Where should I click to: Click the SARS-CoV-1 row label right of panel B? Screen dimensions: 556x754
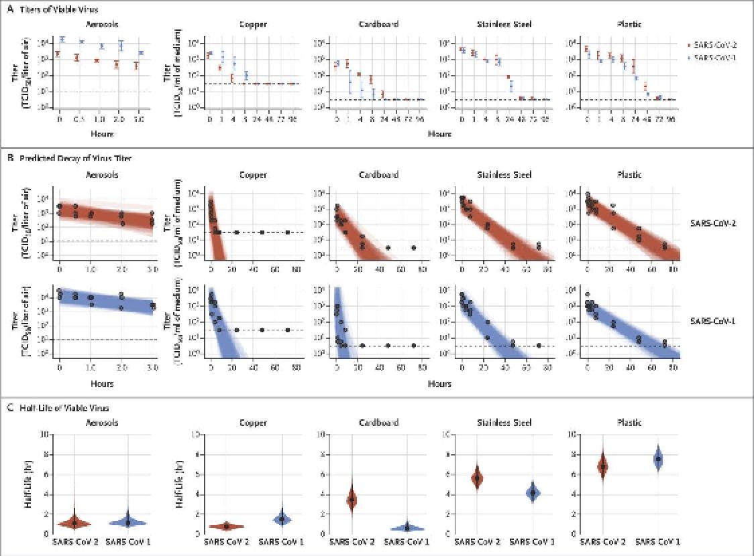tap(713, 321)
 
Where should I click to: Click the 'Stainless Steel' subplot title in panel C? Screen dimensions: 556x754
tap(503, 423)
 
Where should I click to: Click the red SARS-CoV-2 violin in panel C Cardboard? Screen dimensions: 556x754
tap(351, 500)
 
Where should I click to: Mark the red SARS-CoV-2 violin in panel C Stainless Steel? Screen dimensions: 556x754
tap(477, 478)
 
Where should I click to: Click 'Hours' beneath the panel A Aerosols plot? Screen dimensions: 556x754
tap(99, 134)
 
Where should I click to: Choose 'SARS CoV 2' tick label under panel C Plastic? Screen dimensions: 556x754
tap(602, 541)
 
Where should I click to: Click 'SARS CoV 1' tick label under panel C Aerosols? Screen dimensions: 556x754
tap(127, 541)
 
